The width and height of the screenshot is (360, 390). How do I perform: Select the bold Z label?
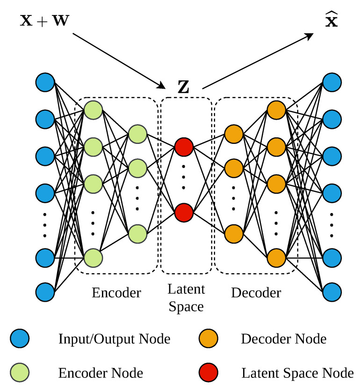tap(184, 87)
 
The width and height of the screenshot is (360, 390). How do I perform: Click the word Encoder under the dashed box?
tap(116, 293)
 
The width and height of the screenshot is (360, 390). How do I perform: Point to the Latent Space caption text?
tap(186, 298)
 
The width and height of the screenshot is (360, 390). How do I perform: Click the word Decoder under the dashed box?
tap(256, 293)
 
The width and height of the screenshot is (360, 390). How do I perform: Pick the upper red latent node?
tap(184, 147)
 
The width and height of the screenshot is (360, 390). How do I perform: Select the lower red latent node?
tap(184, 212)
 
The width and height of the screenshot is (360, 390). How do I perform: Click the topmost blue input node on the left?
tap(45, 82)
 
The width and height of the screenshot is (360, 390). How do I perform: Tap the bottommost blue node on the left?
tap(45, 291)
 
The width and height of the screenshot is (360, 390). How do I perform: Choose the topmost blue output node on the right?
tap(331, 82)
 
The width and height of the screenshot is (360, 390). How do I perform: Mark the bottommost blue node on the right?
tap(331, 291)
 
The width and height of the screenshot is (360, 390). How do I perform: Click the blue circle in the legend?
tap(20, 338)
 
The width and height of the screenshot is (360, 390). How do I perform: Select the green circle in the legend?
tap(20, 373)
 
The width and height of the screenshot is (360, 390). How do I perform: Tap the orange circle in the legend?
tap(208, 338)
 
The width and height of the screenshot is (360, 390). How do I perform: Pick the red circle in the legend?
tap(208, 373)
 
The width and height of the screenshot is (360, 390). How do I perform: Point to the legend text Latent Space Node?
tap(297, 373)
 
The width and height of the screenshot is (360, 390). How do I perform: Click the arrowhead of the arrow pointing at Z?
tap(163, 86)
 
